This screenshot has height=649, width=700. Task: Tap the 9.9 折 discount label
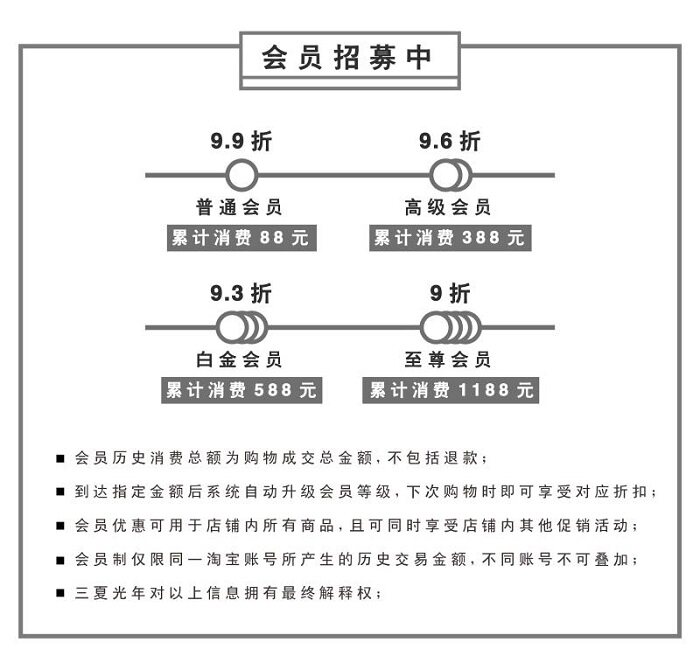(240, 142)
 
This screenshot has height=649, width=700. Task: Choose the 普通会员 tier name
(240, 208)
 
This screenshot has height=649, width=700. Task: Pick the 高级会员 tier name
(448, 208)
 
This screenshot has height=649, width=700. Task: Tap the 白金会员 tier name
(240, 359)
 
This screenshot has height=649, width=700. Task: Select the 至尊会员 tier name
(448, 359)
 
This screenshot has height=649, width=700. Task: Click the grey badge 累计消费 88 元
(240, 238)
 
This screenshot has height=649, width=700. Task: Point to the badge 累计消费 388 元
(449, 238)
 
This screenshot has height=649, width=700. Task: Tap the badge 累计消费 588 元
(241, 390)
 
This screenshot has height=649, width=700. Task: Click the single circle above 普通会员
(240, 176)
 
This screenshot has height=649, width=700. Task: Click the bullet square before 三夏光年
(61, 594)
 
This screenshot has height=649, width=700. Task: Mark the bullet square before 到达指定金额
(61, 492)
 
